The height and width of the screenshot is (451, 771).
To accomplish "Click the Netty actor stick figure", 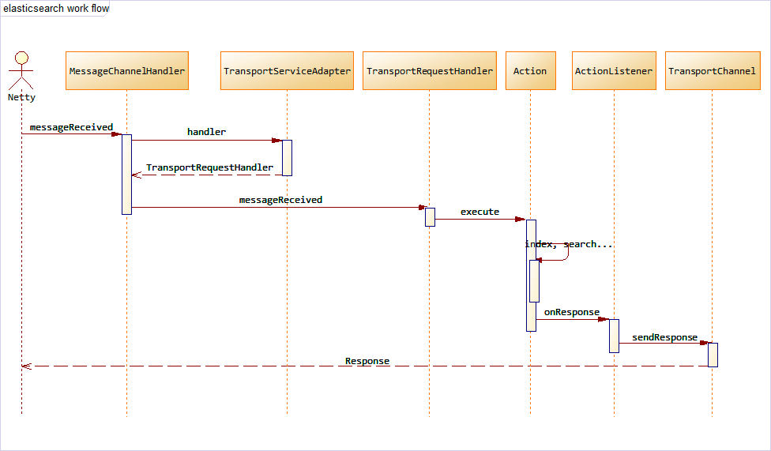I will click(21, 70).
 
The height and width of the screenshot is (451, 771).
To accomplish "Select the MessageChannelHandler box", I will click(127, 71).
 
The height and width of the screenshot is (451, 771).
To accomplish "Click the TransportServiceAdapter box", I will click(287, 71).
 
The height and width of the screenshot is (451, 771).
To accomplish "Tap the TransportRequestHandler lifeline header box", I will click(429, 71).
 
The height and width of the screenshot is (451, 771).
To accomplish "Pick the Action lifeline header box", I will click(530, 71).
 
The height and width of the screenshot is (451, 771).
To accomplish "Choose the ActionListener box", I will click(614, 71).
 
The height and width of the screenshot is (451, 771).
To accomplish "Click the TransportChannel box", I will click(712, 71).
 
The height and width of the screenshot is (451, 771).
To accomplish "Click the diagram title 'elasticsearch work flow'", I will click(55, 9).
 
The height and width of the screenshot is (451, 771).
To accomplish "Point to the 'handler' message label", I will click(206, 132).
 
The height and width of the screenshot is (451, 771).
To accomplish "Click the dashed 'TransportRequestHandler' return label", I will click(209, 167).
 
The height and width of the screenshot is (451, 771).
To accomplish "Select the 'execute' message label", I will click(480, 212).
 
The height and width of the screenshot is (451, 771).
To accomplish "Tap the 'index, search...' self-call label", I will click(569, 244).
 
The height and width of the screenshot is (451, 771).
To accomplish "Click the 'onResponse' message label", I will click(572, 312).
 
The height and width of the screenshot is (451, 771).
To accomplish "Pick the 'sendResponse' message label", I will click(664, 337).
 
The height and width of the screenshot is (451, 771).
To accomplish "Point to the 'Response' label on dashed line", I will click(367, 361).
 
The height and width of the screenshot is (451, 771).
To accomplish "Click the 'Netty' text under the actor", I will click(21, 98).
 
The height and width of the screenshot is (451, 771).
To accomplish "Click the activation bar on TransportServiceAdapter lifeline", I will click(287, 157).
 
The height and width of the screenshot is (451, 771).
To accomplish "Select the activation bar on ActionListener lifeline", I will click(614, 336).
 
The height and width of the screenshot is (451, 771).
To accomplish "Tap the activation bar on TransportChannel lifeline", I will click(713, 355).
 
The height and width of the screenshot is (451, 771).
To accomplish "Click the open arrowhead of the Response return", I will click(25, 366).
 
